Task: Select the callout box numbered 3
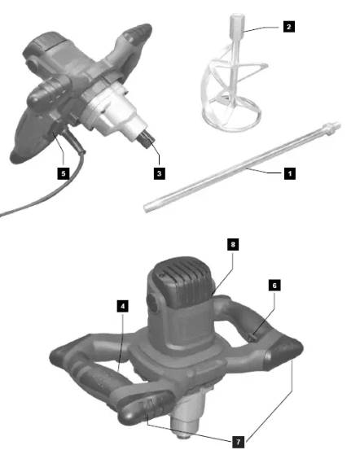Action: pyautogui.click(x=160, y=173)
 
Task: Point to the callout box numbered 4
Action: pyautogui.click(x=122, y=306)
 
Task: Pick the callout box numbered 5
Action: pyautogui.click(x=63, y=173)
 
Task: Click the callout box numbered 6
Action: pyautogui.click(x=274, y=286)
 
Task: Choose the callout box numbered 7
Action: pyautogui.click(x=237, y=440)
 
